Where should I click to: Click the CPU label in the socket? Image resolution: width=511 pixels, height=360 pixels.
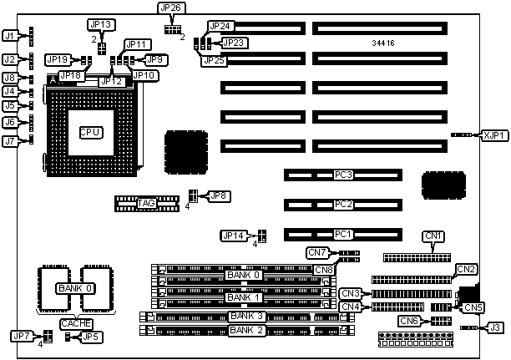pos(90,132)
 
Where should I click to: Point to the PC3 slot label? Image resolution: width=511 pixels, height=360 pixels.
pos(342,175)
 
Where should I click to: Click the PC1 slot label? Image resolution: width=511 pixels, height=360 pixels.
pos(342,235)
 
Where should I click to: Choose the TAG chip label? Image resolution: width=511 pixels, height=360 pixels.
pos(146,202)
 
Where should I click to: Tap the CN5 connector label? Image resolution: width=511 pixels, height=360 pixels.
pos(473,307)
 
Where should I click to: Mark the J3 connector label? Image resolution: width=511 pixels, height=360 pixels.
pos(496,328)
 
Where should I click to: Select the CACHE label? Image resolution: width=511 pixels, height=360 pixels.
pos(75,323)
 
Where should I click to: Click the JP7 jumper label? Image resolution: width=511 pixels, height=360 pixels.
pos(21,336)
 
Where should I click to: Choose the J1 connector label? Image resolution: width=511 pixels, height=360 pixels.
pos(9,37)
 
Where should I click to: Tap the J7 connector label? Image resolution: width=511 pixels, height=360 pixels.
pos(9,141)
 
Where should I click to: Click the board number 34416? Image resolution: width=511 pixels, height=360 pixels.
pos(386,41)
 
